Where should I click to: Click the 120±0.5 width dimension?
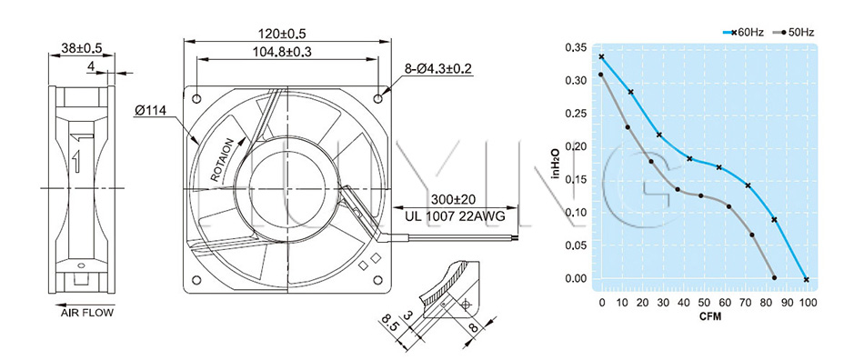pos(282,34)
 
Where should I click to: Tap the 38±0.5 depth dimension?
pos(82,48)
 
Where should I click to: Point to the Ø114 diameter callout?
pos(149,110)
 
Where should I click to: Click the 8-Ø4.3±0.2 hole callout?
pos(437,69)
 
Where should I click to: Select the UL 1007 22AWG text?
pos(454,216)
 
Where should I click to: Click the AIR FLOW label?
pos(87,314)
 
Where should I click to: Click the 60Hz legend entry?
pos(743,33)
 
